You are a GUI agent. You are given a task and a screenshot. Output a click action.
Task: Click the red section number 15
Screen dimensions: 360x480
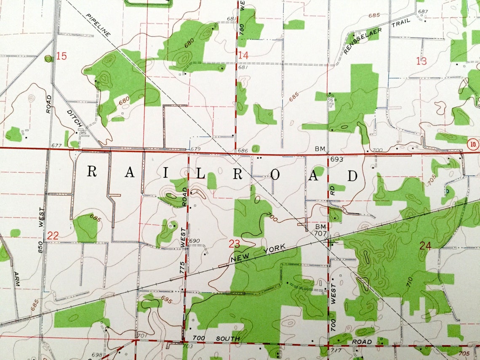61,56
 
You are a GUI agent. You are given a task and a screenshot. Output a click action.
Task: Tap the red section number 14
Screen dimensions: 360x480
243,55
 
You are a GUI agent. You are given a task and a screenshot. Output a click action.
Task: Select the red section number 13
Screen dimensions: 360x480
421,61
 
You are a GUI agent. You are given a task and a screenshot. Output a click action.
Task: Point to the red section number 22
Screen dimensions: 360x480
53,236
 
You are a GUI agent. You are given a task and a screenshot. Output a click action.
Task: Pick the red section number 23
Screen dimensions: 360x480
234,243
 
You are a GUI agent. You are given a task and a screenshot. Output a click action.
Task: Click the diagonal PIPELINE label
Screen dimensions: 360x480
98,25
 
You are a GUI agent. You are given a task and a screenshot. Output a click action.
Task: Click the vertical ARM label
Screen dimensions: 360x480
17,278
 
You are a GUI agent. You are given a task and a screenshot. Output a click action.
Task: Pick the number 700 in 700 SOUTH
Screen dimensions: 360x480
200,339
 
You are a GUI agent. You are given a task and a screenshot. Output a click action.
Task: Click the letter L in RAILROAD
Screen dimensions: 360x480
201,173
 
